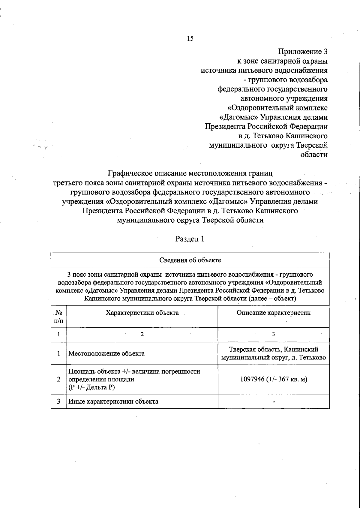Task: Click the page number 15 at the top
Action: (x=190, y=38)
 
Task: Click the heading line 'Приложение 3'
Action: (x=303, y=52)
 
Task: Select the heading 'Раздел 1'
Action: (x=190, y=239)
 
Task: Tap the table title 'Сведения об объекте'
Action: (x=190, y=260)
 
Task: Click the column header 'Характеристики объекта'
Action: (x=142, y=313)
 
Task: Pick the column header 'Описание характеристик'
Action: (x=273, y=313)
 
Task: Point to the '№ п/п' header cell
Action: (x=59, y=317)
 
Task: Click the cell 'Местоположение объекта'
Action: (x=106, y=353)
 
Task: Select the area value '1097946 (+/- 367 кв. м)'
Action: (x=273, y=379)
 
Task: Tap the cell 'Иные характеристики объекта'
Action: (x=113, y=401)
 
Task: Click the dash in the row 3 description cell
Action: (x=273, y=402)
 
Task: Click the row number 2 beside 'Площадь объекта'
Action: (x=59, y=379)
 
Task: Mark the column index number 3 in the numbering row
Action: (x=273, y=335)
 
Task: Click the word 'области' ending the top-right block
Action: (x=314, y=155)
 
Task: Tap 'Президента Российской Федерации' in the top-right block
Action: (x=266, y=126)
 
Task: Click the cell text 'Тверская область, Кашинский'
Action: (x=273, y=350)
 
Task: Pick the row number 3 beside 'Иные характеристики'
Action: (x=59, y=401)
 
